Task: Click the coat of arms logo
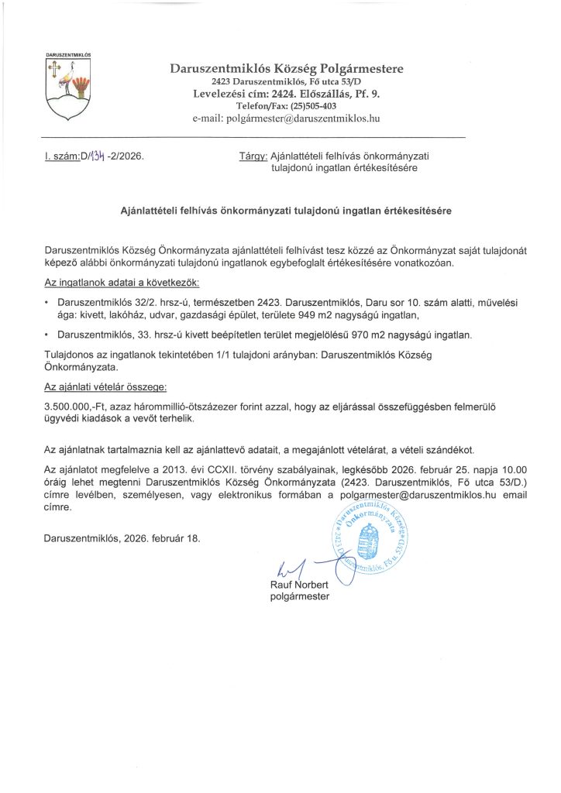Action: (x=69, y=90)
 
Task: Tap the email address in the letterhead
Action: (x=313, y=118)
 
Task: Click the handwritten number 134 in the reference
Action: (x=96, y=156)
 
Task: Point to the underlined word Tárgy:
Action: (x=253, y=156)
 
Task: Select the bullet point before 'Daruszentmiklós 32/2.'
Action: (x=48, y=300)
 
